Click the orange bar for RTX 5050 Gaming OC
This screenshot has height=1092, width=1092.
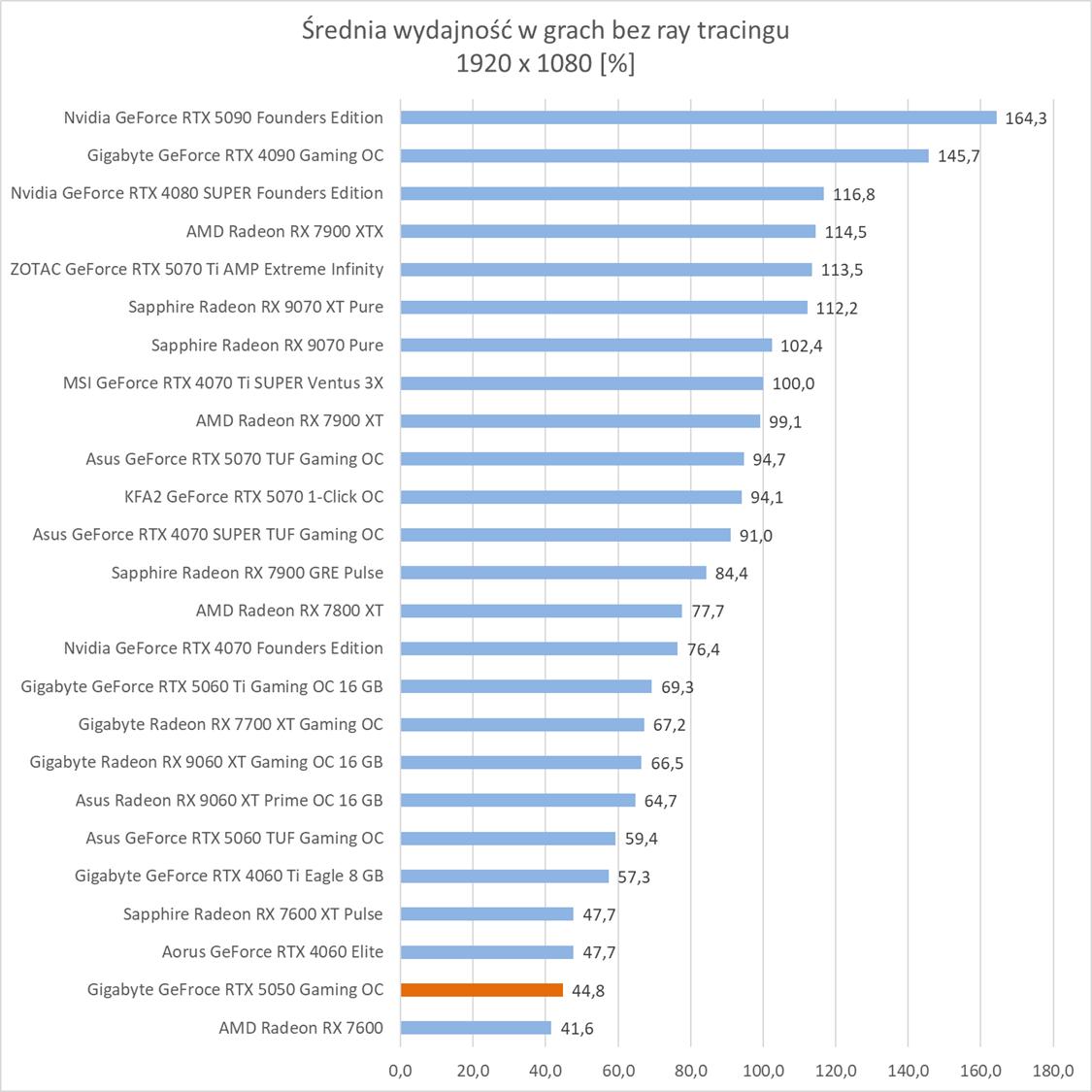(481, 990)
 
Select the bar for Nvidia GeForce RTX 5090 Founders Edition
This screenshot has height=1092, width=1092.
(698, 117)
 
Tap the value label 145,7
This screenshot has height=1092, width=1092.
(958, 156)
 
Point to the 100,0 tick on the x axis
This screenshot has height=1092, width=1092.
(763, 1072)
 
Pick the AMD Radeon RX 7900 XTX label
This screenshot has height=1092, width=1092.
(284, 231)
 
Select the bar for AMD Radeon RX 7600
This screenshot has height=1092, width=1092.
(476, 1028)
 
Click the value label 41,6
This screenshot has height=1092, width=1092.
(577, 1029)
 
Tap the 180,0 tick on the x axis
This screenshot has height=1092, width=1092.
(1053, 1072)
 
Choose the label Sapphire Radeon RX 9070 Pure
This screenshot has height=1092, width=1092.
(267, 345)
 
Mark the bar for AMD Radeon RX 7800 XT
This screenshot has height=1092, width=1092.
(541, 611)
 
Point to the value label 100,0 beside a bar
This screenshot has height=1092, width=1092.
(793, 383)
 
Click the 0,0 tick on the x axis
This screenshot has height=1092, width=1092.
(400, 1072)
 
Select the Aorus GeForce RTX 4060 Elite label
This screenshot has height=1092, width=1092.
(272, 951)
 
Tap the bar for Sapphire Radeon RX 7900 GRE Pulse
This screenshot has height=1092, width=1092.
(553, 573)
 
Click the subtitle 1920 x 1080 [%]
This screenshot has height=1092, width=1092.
(546, 64)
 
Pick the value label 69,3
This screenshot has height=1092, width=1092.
(678, 687)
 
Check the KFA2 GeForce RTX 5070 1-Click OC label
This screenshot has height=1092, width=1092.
(254, 496)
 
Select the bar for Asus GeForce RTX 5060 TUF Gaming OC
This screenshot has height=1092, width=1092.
(508, 838)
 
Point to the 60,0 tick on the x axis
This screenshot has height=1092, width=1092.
(618, 1072)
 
